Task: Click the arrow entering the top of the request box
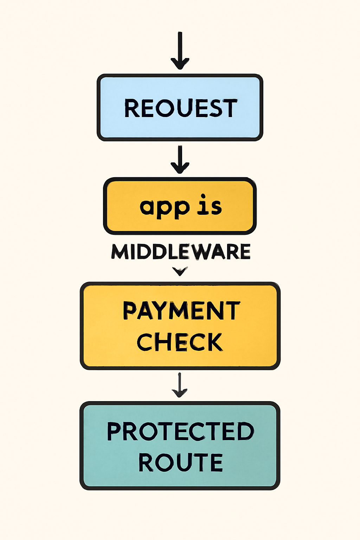(180, 51)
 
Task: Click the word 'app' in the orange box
(165, 207)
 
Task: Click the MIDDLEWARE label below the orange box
(181, 252)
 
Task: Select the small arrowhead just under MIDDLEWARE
(180, 271)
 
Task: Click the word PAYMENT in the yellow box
(181, 311)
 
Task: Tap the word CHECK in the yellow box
(180, 342)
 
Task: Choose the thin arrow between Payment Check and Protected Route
(180, 385)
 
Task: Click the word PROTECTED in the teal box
(180, 431)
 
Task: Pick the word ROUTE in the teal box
(180, 462)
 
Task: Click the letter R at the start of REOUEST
(132, 108)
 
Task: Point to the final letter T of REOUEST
(230, 108)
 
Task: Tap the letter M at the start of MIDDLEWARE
(120, 252)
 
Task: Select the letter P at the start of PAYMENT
(130, 311)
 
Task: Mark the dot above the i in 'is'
(203, 196)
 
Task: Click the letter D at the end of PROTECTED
(245, 431)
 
